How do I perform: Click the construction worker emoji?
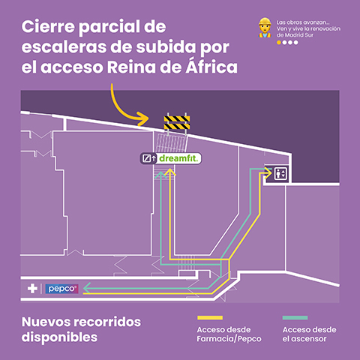[264, 28]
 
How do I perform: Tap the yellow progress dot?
[279, 43]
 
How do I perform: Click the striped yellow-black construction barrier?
[178, 122]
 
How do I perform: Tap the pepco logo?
[58, 288]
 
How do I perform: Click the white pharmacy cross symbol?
[32, 288]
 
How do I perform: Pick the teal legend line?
[298, 317]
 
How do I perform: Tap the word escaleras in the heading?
[63, 48]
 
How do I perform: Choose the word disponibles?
[60, 337]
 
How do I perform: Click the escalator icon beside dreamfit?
[146, 158]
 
